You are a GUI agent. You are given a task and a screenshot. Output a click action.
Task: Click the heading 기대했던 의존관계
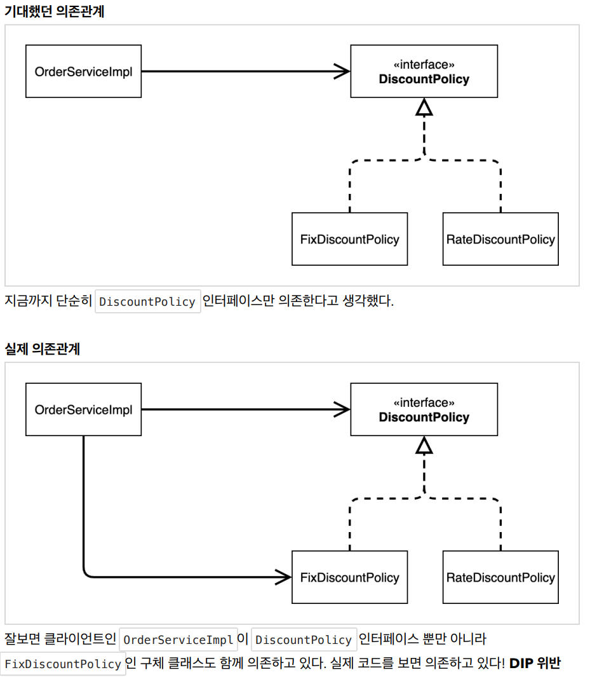(55, 11)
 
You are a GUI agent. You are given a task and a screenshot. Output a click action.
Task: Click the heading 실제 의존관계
(43, 349)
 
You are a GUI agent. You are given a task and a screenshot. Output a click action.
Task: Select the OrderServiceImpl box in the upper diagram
(84, 71)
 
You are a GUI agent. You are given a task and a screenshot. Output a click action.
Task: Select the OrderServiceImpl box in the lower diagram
(84, 409)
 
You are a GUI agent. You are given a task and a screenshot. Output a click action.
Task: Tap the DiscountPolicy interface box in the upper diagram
(424, 71)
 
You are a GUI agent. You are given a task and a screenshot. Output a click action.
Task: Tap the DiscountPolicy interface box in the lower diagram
(424, 409)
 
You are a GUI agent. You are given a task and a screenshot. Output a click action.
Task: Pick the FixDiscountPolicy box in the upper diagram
(349, 239)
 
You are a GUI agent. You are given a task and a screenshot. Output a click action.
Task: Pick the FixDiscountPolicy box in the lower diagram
(349, 577)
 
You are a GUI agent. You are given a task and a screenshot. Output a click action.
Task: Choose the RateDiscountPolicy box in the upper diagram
(500, 239)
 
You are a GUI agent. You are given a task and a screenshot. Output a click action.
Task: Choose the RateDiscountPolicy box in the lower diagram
(500, 577)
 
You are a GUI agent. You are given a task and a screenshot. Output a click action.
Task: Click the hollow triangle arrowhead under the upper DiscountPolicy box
(424, 107)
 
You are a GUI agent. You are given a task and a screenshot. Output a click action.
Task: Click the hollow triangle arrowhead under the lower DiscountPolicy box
(424, 446)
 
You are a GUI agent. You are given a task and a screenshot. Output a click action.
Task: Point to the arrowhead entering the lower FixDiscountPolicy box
(283, 577)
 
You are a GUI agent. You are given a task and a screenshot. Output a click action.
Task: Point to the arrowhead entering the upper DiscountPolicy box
(342, 71)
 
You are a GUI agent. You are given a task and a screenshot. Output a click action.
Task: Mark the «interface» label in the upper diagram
(424, 65)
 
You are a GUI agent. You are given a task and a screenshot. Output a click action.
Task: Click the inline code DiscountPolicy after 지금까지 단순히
(148, 301)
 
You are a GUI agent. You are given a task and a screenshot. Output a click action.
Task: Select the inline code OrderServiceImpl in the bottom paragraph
(178, 640)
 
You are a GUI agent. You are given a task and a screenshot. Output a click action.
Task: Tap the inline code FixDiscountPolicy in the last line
(63, 664)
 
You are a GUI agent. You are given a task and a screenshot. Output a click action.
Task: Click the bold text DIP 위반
(535, 663)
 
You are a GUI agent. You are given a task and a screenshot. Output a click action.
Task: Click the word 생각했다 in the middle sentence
(368, 301)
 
